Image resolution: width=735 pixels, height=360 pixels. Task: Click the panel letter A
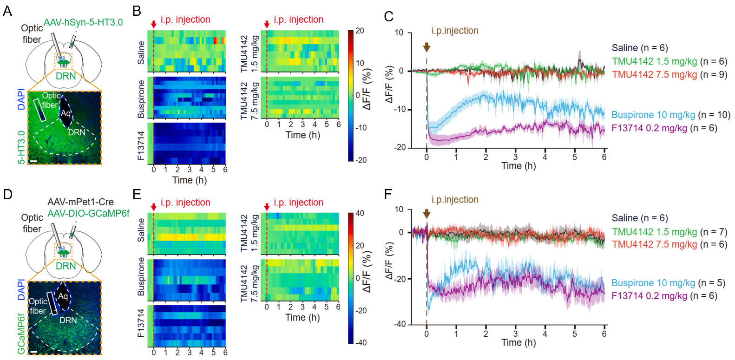(x=7, y=11)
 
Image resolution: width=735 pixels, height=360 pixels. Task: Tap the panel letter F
(x=389, y=194)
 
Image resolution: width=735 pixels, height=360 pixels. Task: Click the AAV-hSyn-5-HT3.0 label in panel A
(x=83, y=22)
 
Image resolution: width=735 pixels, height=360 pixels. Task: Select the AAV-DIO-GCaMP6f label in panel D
(x=88, y=213)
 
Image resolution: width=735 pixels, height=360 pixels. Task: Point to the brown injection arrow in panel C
(x=427, y=47)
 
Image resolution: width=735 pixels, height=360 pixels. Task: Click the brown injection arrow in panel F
(x=427, y=214)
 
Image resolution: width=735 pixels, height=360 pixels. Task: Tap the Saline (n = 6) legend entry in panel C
(x=639, y=48)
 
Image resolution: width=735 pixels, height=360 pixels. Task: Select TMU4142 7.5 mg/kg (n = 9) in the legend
(x=669, y=74)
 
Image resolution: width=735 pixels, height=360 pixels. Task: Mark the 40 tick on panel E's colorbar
(x=360, y=213)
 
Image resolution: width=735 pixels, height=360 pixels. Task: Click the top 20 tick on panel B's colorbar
(x=360, y=31)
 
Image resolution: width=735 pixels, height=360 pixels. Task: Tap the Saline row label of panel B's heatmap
(x=141, y=52)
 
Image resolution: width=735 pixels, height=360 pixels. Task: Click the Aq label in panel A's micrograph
(x=66, y=113)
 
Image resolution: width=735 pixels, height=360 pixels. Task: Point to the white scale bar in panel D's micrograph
(x=33, y=352)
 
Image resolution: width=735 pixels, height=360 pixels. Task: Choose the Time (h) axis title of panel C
(x=518, y=166)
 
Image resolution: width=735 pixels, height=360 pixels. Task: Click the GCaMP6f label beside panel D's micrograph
(x=21, y=334)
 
